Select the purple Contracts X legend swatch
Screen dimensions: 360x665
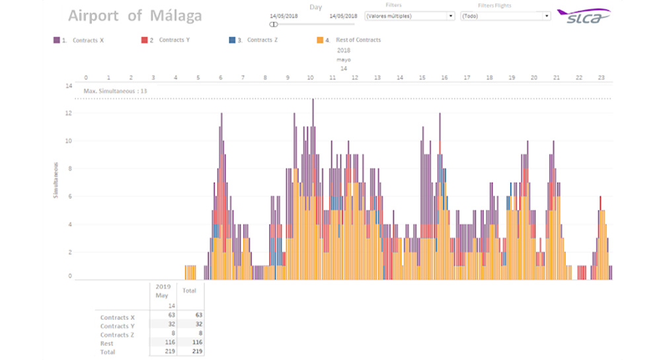[56, 40]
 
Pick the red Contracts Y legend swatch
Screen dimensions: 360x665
[144, 40]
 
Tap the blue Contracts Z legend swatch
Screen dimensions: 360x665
[231, 40]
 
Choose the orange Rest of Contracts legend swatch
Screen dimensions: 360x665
[320, 40]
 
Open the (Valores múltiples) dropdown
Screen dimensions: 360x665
[410, 16]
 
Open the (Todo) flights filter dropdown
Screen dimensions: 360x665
[506, 16]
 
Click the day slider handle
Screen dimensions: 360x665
[273, 24]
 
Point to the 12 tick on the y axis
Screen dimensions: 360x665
[68, 113]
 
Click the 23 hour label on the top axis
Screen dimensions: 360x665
[601, 77]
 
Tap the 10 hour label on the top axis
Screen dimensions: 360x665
[310, 77]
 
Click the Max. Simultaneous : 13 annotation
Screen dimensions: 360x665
[116, 91]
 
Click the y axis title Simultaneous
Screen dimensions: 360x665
[57, 180]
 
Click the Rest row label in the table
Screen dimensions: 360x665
[107, 343]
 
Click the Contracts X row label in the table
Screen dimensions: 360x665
[118, 318]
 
